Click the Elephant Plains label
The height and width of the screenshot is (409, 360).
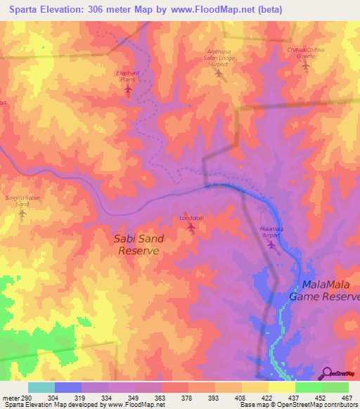[127, 76]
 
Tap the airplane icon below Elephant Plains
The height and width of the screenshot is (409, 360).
[127, 89]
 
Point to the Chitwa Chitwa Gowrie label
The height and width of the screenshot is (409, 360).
[305, 53]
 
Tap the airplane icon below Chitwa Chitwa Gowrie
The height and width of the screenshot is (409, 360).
[305, 66]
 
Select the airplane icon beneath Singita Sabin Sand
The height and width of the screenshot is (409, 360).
[21, 213]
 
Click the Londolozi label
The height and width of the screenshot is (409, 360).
[191, 218]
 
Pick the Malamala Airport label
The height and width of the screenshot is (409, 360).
[271, 233]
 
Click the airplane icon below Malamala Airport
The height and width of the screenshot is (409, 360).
[271, 244]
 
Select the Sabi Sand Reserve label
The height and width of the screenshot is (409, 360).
[139, 245]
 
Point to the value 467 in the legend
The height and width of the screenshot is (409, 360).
[347, 396]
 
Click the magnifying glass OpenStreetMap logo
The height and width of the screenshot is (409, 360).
[328, 372]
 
